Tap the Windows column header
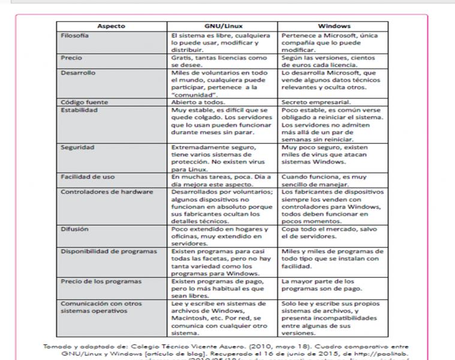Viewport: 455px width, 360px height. pyautogui.click(x=334, y=26)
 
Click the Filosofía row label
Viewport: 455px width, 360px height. pyautogui.click(x=75, y=35)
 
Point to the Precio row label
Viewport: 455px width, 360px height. pyautogui.click(x=71, y=58)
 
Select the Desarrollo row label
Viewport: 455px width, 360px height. pyautogui.click(x=78, y=73)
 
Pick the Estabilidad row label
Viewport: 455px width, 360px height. pyautogui.click(x=79, y=110)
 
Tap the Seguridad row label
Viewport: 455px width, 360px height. pyautogui.click(x=77, y=147)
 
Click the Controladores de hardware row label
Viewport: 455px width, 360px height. pyautogui.click(x=99, y=192)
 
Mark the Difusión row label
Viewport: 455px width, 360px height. pyautogui.click(x=74, y=229)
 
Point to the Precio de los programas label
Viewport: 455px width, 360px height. pyautogui.click(x=92, y=281)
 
